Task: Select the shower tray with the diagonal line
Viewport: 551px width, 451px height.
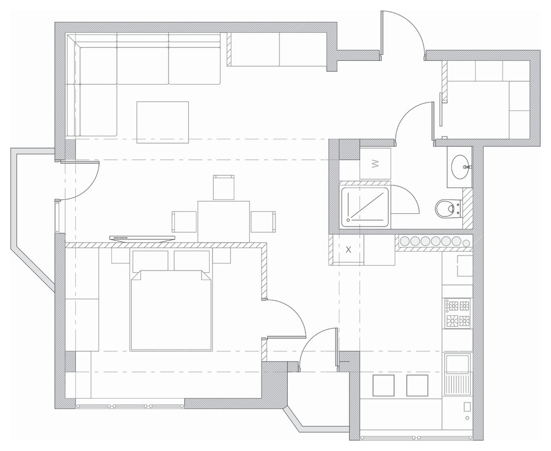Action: [x=365, y=207]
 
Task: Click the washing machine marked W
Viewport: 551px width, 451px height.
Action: [x=375, y=164]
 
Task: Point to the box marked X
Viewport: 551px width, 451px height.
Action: [x=348, y=249]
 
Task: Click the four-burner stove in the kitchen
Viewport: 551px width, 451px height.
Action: [x=458, y=313]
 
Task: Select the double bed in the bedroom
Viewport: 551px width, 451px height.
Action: [x=171, y=310]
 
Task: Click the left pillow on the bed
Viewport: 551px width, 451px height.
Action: [x=150, y=260]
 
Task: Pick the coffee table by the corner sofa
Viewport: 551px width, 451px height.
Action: [x=163, y=122]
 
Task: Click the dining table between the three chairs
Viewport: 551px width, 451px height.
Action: [x=224, y=221]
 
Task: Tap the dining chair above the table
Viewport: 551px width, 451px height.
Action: [x=224, y=187]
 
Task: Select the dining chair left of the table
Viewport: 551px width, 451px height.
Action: [x=184, y=222]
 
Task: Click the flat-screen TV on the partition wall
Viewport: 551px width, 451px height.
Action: [x=142, y=238]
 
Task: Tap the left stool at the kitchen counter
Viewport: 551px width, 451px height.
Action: [x=383, y=385]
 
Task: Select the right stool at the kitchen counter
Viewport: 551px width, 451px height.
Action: [x=417, y=385]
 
